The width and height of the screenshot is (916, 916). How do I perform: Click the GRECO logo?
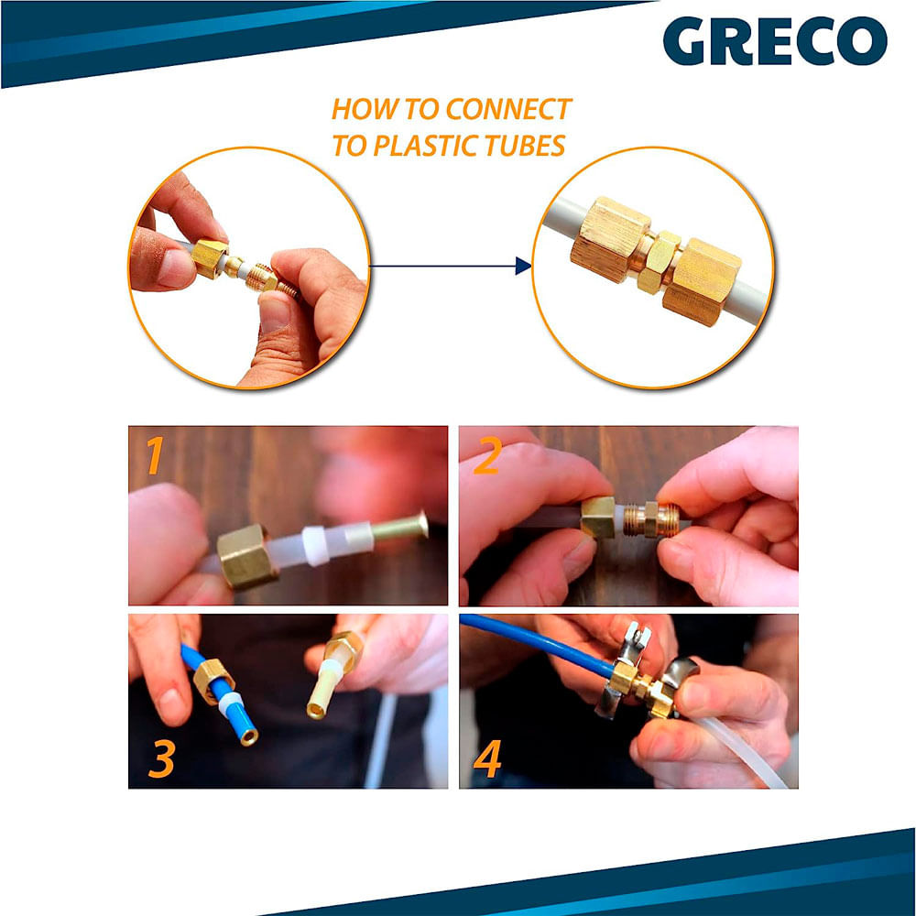click(775, 40)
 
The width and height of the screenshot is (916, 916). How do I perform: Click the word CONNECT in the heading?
click(507, 109)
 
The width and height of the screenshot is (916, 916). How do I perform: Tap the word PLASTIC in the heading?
click(418, 146)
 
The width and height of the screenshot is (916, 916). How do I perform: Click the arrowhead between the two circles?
click(523, 266)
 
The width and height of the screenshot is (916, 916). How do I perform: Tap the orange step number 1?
click(155, 455)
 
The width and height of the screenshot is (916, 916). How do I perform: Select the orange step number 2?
click(486, 456)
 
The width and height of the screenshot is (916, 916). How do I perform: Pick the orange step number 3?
click(162, 758)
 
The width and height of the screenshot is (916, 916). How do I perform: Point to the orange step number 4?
click(487, 758)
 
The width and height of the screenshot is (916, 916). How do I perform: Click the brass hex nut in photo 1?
click(245, 556)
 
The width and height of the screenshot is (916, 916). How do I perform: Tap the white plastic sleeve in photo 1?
click(317, 545)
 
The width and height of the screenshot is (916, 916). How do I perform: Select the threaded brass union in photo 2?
click(649, 518)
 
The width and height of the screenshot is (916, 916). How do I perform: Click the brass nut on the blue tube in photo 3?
click(213, 680)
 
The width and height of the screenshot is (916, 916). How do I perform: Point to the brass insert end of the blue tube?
click(249, 737)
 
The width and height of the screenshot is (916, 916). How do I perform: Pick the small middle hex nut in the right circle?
click(659, 262)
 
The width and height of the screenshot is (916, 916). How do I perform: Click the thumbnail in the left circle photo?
click(275, 314)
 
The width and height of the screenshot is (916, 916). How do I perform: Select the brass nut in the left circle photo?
click(209, 258)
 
